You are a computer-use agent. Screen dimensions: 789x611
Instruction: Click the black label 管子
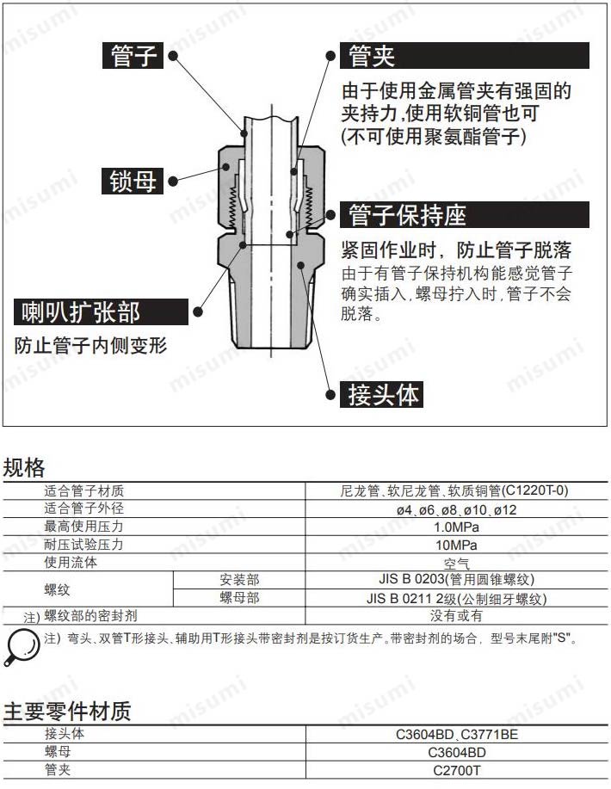pyautogui.click(x=134, y=56)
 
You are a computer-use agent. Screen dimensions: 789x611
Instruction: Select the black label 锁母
pyautogui.click(x=134, y=181)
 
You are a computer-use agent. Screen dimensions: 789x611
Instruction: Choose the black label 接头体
pyautogui.click(x=385, y=394)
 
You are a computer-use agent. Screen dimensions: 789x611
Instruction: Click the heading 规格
pyautogui.click(x=24, y=468)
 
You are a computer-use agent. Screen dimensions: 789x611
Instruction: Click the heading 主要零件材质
pyautogui.click(x=67, y=712)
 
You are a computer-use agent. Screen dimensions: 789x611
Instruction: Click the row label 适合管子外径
pyautogui.click(x=84, y=509)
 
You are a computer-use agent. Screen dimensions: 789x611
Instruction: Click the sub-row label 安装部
pyautogui.click(x=239, y=581)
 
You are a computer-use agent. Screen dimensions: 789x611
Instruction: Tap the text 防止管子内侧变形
pyautogui.click(x=90, y=346)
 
